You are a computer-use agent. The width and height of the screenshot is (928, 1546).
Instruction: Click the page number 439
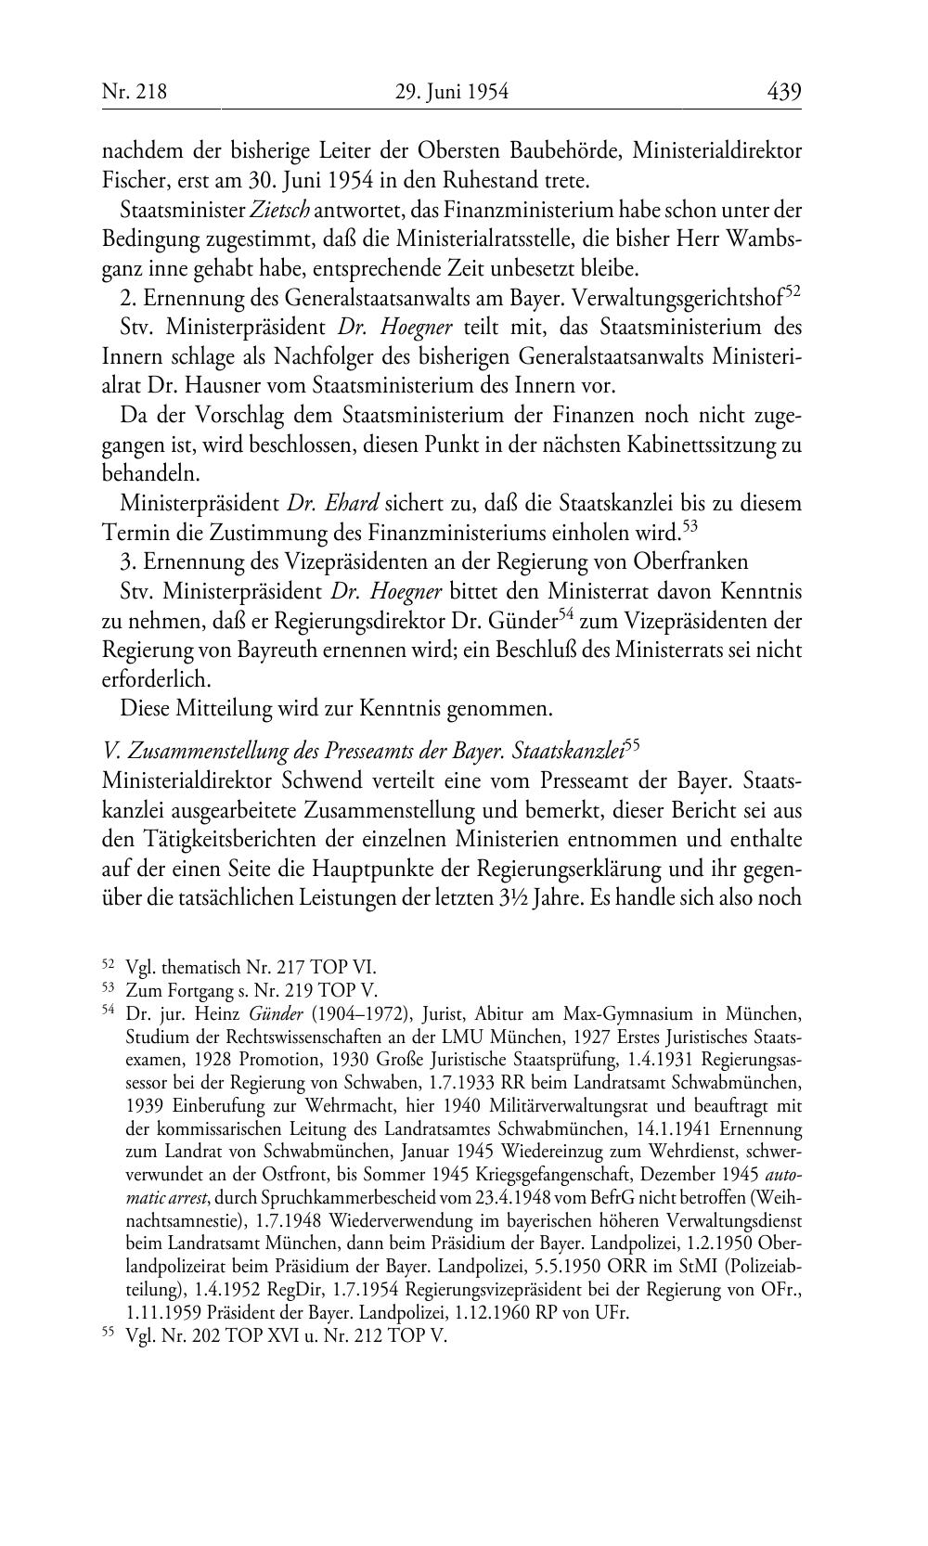click(x=783, y=92)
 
